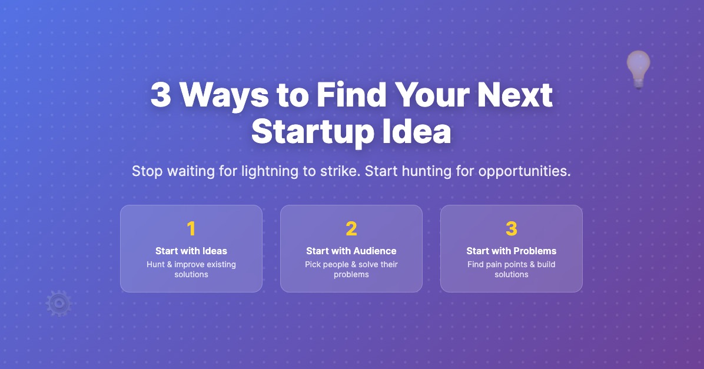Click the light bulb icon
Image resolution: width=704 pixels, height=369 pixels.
(x=638, y=68)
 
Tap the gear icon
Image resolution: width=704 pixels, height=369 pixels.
(x=58, y=303)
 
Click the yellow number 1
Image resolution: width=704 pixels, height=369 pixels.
(x=191, y=228)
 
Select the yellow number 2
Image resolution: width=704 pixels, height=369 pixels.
(x=351, y=228)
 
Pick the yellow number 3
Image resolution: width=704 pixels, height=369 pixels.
(x=512, y=228)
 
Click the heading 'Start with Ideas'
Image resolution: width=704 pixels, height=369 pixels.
(x=191, y=251)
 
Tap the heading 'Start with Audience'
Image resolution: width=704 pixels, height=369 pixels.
(x=351, y=251)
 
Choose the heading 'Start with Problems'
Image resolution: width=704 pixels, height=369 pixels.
(x=512, y=251)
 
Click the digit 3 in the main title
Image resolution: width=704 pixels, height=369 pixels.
(x=161, y=95)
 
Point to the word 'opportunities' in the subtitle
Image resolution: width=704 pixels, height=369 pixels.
(x=524, y=172)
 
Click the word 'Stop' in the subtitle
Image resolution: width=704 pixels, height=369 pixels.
(x=145, y=172)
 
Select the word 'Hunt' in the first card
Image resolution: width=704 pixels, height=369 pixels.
(x=156, y=265)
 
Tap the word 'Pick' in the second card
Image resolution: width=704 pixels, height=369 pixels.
(x=313, y=265)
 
